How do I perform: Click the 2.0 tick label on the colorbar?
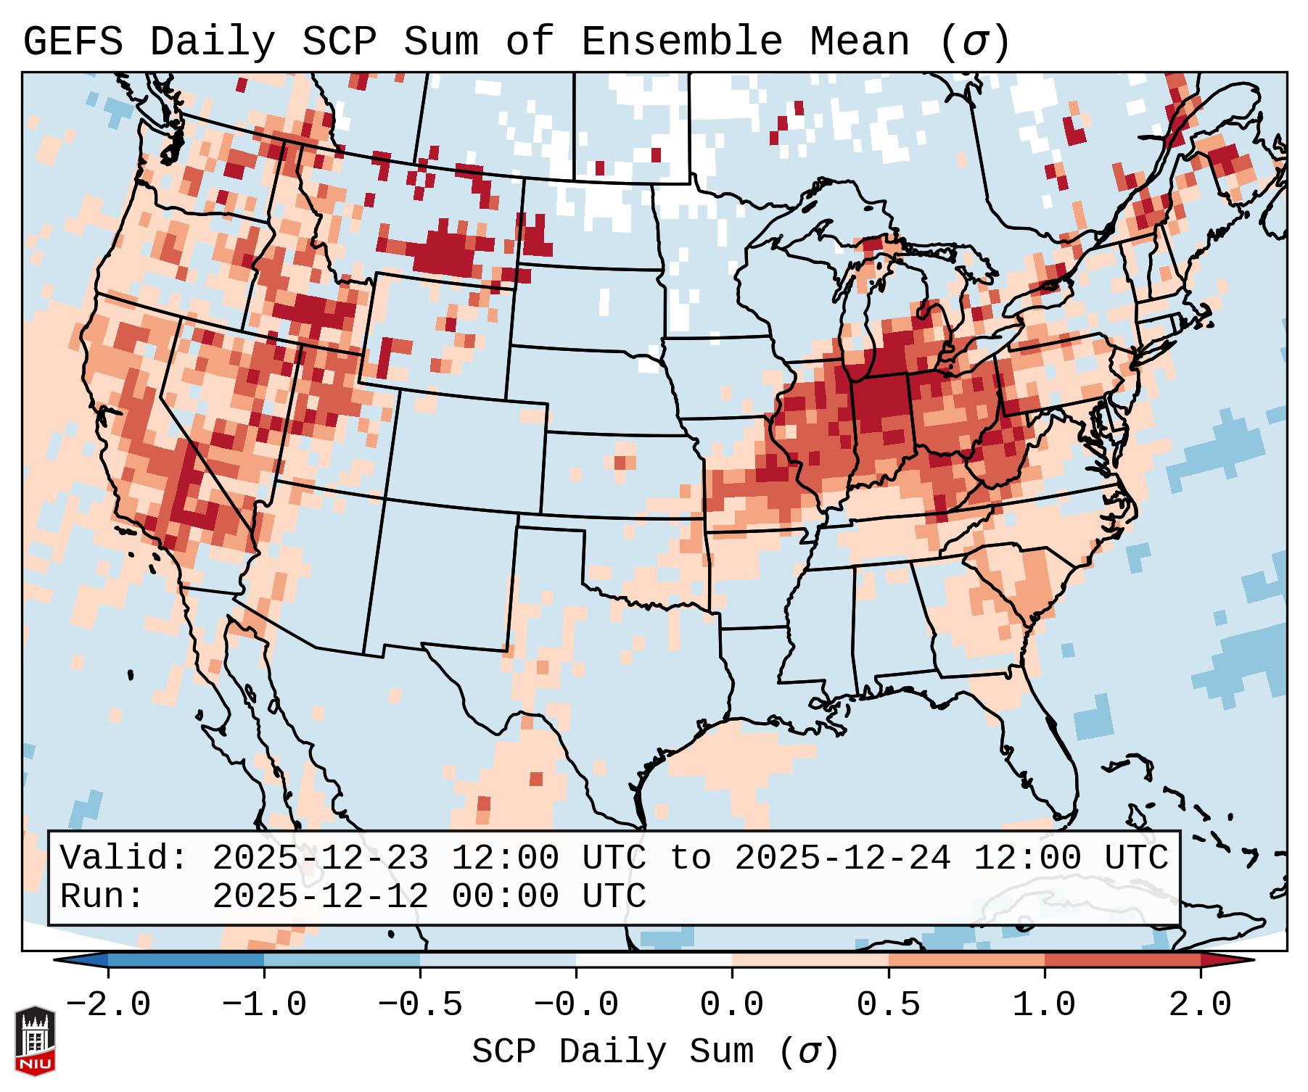click(1200, 1005)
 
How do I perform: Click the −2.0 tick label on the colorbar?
click(108, 1005)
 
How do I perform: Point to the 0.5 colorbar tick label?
click(888, 1005)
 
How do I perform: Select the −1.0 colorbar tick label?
click(264, 1005)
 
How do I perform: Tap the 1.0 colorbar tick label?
click(1044, 1005)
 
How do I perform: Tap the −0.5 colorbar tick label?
click(420, 1005)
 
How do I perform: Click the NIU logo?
click(35, 1040)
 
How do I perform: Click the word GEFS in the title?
click(73, 42)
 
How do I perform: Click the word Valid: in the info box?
click(124, 859)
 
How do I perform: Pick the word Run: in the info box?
click(102, 897)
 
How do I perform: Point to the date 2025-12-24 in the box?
click(842, 859)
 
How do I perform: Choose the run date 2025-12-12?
click(320, 897)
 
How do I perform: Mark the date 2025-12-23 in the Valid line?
click(320, 859)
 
